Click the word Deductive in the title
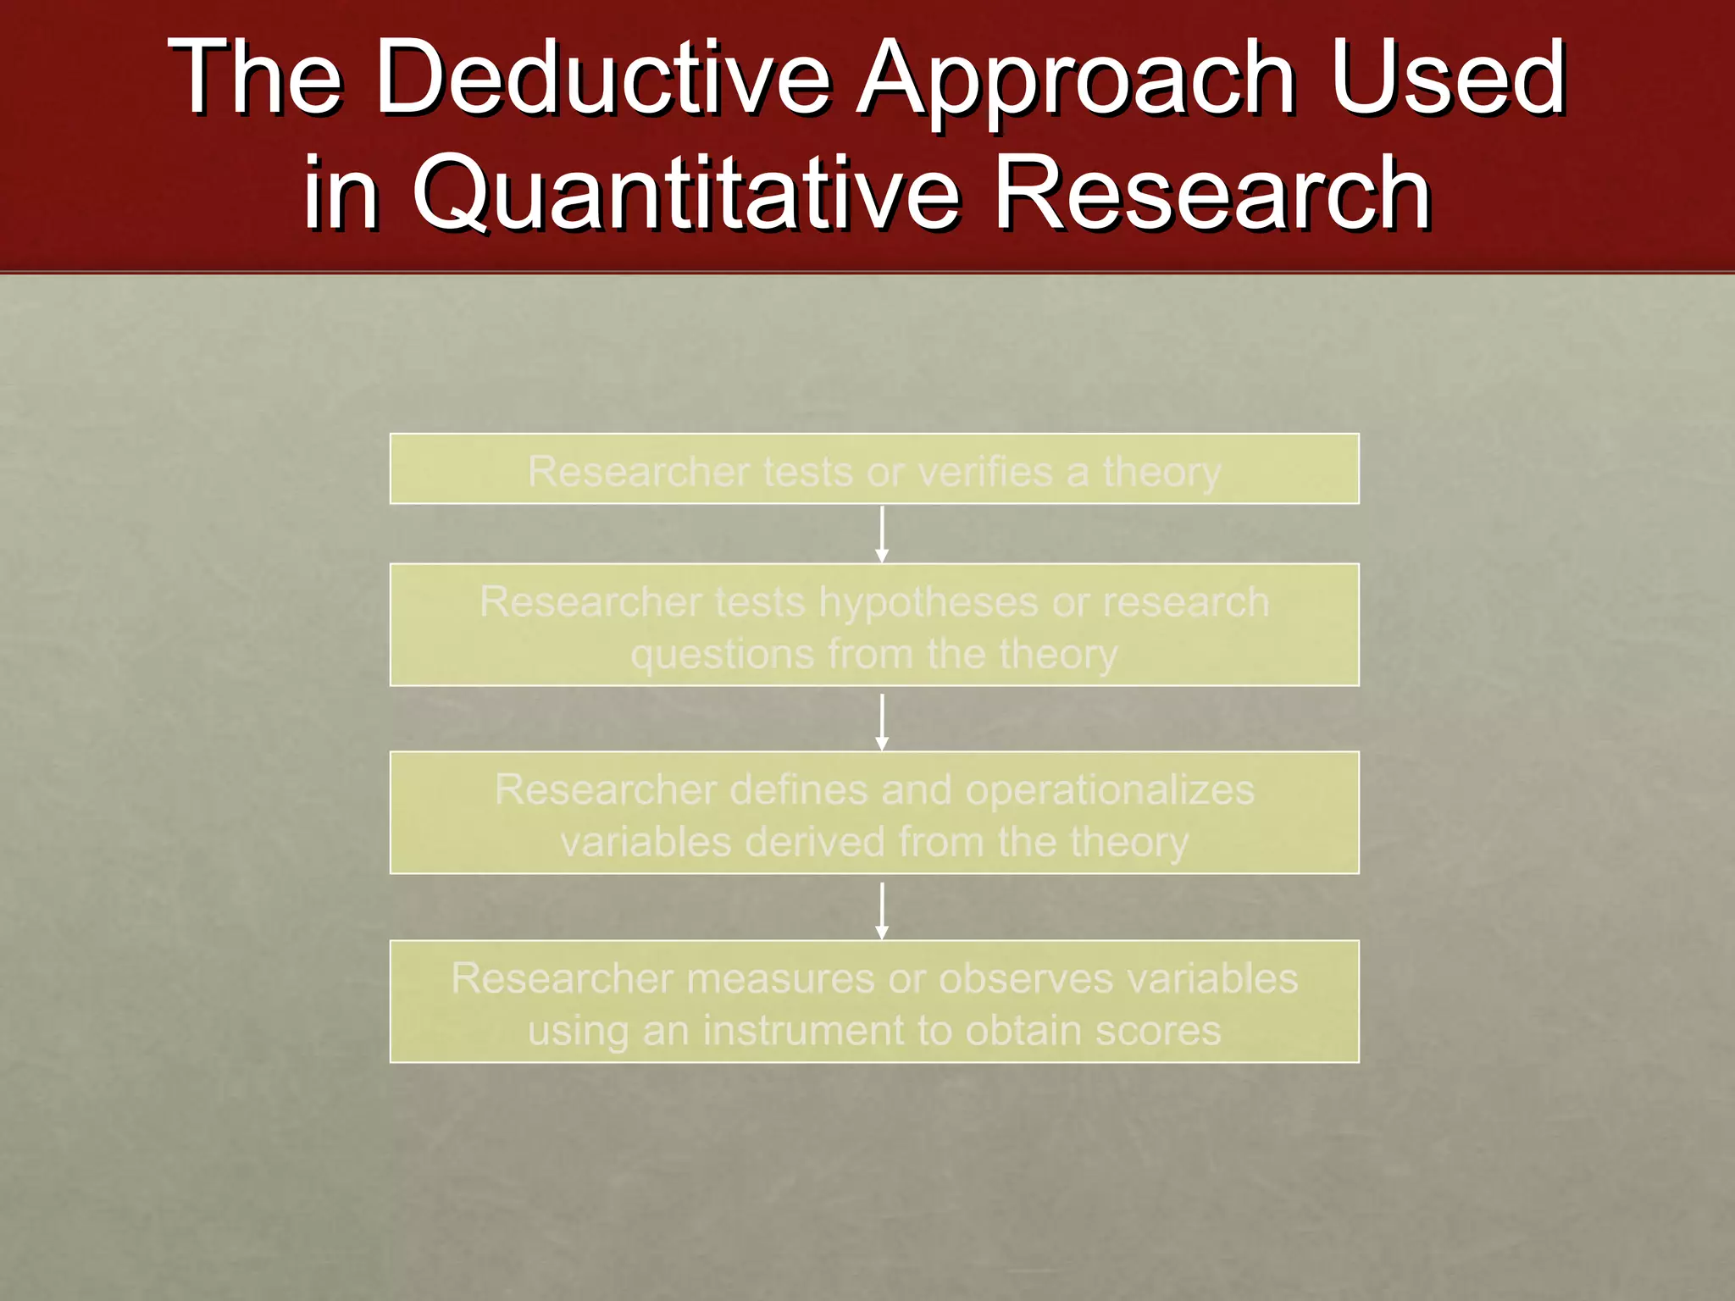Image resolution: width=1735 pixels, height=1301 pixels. (603, 78)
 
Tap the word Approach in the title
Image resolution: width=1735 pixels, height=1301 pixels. (1076, 78)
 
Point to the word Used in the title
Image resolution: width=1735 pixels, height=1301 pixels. (1449, 78)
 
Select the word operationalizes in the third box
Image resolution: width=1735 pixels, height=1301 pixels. (1110, 790)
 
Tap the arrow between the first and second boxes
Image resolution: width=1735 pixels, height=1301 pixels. (882, 534)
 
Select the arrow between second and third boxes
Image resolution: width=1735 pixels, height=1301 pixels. (882, 722)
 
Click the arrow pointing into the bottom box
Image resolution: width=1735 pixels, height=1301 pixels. (882, 911)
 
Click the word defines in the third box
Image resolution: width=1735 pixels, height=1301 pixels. (798, 790)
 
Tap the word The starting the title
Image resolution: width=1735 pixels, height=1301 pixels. (254, 78)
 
